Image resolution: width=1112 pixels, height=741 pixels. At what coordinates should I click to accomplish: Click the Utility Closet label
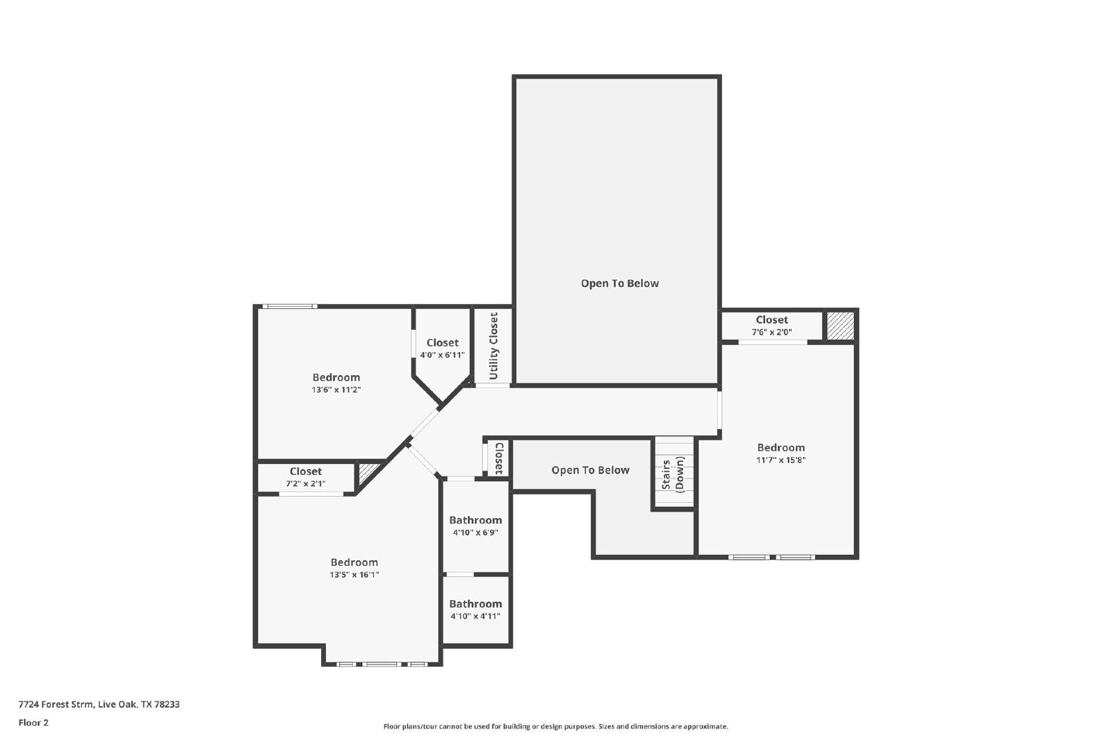click(493, 346)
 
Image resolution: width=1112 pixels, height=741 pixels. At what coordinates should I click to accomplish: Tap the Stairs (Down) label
click(673, 474)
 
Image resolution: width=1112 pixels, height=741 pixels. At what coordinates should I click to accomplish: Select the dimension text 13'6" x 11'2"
click(336, 390)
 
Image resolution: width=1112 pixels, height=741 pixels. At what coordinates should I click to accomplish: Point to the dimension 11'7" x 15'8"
click(781, 460)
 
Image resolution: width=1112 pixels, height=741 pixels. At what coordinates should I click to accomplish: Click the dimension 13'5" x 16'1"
click(354, 575)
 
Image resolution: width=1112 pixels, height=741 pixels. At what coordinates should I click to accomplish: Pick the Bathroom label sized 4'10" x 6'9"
click(475, 520)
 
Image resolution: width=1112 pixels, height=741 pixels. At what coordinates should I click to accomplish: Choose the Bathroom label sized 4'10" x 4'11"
click(475, 604)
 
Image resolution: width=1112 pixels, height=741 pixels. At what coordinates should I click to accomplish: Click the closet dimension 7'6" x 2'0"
click(772, 333)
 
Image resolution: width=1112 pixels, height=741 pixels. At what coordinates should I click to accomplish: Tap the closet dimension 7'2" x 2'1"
click(306, 483)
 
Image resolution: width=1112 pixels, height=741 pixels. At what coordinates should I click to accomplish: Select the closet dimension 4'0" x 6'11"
click(442, 355)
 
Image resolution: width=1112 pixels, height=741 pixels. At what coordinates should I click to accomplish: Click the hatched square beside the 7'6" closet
click(840, 326)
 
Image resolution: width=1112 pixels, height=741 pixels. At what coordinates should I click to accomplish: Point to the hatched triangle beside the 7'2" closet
click(368, 473)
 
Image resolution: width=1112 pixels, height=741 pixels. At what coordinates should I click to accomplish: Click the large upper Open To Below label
click(620, 283)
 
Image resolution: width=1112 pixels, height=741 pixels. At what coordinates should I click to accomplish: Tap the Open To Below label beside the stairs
click(590, 470)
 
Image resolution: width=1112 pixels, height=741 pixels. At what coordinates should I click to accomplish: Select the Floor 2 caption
click(33, 723)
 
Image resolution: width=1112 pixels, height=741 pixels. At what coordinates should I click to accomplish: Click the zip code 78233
click(167, 704)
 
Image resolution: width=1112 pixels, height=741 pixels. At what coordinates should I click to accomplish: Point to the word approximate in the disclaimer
click(705, 726)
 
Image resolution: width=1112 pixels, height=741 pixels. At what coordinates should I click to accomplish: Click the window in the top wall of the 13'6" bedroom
click(290, 306)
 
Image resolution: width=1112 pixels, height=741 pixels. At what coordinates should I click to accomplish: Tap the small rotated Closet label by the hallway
click(500, 458)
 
